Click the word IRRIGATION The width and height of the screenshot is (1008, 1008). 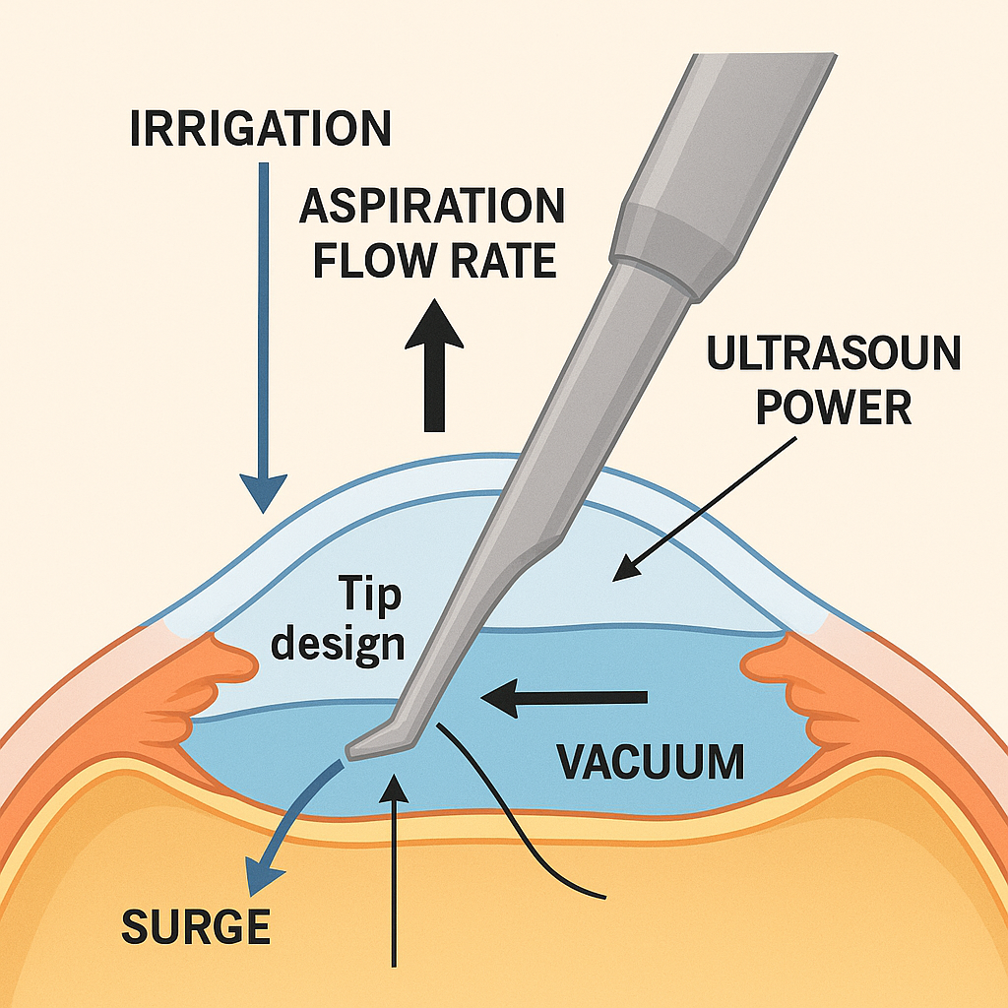[260, 129]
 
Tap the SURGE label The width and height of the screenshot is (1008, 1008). [196, 927]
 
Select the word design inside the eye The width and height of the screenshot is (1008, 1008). [338, 644]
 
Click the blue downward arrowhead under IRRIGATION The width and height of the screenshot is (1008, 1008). [263, 492]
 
